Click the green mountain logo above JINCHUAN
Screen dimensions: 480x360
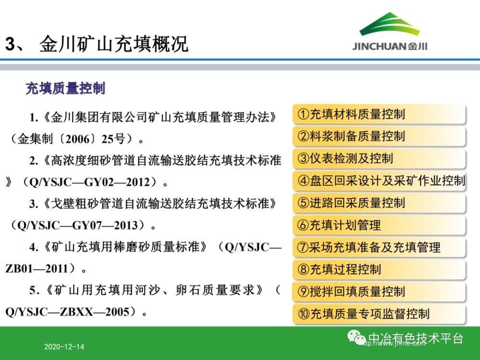pyautogui.click(x=389, y=24)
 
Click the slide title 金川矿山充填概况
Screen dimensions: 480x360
pyautogui.click(x=114, y=44)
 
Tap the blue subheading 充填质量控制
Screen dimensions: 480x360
pyautogui.click(x=65, y=88)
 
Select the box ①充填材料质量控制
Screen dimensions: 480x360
pyautogui.click(x=379, y=114)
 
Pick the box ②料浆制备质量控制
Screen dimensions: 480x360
pyautogui.click(x=379, y=136)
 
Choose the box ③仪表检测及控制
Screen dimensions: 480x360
pyautogui.click(x=379, y=158)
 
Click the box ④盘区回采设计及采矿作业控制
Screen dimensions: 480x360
pyautogui.click(x=379, y=180)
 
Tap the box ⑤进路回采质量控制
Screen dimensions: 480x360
pyautogui.click(x=379, y=203)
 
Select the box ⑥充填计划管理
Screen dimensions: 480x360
pyautogui.click(x=379, y=225)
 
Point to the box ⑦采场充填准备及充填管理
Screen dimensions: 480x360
pyautogui.click(x=379, y=247)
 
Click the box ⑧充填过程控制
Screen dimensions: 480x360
pyautogui.click(x=379, y=269)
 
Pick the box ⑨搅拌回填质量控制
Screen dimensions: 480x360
pyautogui.click(x=379, y=292)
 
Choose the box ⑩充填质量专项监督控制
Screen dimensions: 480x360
pyautogui.click(x=379, y=314)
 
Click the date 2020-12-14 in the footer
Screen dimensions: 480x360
pyautogui.click(x=64, y=347)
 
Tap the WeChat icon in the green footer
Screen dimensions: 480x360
pyautogui.click(x=357, y=337)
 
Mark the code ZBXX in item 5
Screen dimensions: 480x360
pyautogui.click(x=76, y=312)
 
